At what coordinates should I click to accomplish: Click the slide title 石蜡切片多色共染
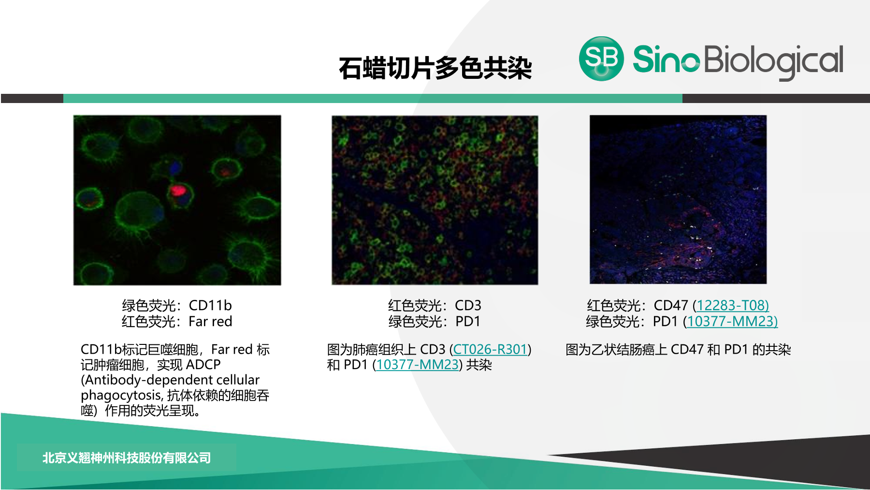(x=435, y=68)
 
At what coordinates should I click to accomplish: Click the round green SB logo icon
(x=601, y=59)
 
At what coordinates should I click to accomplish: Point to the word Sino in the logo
(x=666, y=59)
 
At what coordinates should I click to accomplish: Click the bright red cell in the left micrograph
(x=178, y=190)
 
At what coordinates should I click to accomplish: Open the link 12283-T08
(x=732, y=305)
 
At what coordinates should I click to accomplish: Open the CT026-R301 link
(x=490, y=349)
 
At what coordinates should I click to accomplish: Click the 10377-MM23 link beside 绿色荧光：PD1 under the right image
(x=732, y=321)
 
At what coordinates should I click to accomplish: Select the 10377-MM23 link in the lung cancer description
(x=417, y=365)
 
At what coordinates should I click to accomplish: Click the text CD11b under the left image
(x=210, y=305)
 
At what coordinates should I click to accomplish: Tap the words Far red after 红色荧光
(x=210, y=321)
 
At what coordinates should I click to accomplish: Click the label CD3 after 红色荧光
(x=468, y=305)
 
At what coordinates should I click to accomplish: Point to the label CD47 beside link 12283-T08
(x=671, y=305)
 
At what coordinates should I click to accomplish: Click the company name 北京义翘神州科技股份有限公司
(x=127, y=458)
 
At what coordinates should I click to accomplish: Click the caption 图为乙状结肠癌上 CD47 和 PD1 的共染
(x=678, y=349)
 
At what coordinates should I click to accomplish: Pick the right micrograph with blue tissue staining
(x=678, y=199)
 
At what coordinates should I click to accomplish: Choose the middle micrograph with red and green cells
(x=435, y=200)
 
